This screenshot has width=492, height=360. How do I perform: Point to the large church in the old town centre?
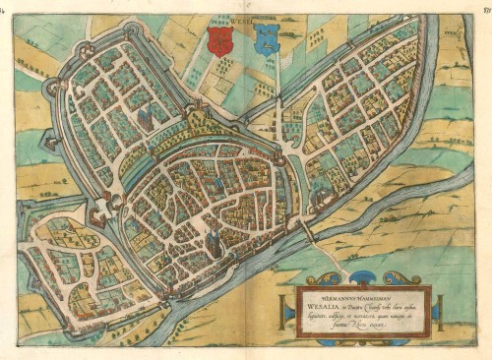point(211,236)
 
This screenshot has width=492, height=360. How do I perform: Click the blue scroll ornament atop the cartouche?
point(365,277)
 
